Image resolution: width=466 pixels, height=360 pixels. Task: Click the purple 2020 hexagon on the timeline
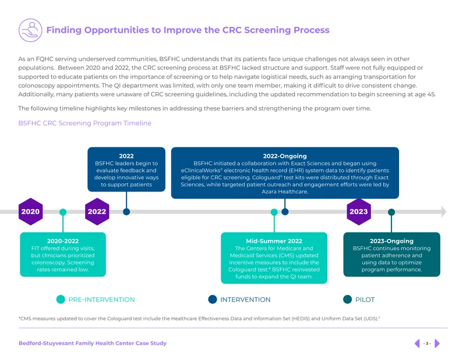30,211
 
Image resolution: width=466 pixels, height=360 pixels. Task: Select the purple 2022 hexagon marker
97,211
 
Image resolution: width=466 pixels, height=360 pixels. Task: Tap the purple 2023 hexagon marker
359,211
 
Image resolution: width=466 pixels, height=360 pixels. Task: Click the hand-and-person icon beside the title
30,30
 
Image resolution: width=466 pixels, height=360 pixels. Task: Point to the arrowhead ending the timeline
444,211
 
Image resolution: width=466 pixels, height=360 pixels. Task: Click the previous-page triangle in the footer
417,343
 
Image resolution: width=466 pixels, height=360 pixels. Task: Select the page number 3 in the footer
427,343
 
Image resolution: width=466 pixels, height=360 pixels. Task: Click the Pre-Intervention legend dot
61,299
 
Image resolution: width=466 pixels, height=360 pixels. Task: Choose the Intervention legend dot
213,299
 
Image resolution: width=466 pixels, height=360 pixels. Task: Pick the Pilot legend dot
347,299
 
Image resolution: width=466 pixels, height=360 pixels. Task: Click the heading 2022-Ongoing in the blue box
285,156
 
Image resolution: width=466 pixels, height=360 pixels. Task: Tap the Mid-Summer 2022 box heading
274,241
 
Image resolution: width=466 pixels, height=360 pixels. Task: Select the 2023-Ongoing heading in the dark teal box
391,241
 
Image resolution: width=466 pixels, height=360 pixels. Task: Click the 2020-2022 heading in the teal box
63,241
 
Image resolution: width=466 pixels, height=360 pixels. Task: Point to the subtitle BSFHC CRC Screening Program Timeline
84,123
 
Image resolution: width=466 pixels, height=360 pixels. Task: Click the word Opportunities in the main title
122,30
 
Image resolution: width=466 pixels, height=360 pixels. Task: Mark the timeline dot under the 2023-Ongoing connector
391,212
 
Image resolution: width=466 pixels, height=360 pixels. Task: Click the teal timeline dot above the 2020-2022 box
63,212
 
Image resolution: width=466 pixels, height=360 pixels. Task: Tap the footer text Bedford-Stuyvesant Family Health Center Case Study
93,343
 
